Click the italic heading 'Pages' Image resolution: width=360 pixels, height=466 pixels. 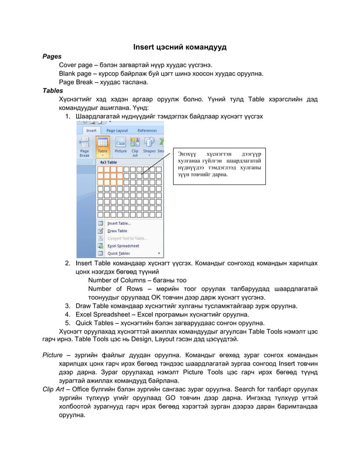tap(52, 56)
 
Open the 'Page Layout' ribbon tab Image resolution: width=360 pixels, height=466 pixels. tap(117, 130)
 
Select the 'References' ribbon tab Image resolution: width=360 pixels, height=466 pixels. tap(147, 130)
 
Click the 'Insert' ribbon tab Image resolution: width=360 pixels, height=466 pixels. tap(90, 130)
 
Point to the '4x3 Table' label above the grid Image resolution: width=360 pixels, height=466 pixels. tap(108, 162)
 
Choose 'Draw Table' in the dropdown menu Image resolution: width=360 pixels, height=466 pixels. tap(117, 231)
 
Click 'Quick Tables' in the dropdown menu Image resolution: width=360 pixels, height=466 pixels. tap(118, 253)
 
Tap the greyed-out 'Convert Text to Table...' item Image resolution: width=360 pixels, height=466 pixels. tap(127, 238)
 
